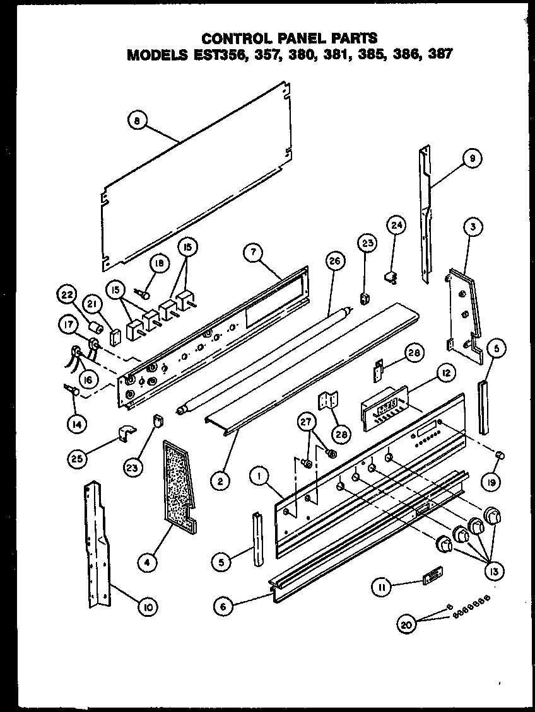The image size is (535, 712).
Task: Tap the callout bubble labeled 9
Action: coord(471,161)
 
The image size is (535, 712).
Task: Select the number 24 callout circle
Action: coord(397,226)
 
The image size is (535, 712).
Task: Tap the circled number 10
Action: coord(147,607)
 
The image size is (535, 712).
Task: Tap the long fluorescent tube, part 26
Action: coord(252,353)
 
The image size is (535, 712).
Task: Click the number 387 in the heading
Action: coord(439,55)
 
